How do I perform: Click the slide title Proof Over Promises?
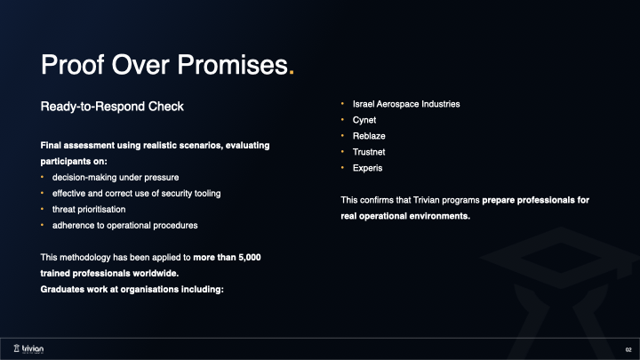(x=164, y=65)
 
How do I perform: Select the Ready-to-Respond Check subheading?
(x=112, y=107)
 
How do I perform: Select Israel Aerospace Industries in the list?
(x=406, y=104)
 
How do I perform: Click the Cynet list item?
(x=365, y=120)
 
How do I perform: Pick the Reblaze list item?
(x=369, y=136)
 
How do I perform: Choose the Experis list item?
(x=367, y=168)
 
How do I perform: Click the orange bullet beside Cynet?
(x=343, y=120)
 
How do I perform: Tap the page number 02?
(x=628, y=349)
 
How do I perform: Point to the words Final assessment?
(x=74, y=145)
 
